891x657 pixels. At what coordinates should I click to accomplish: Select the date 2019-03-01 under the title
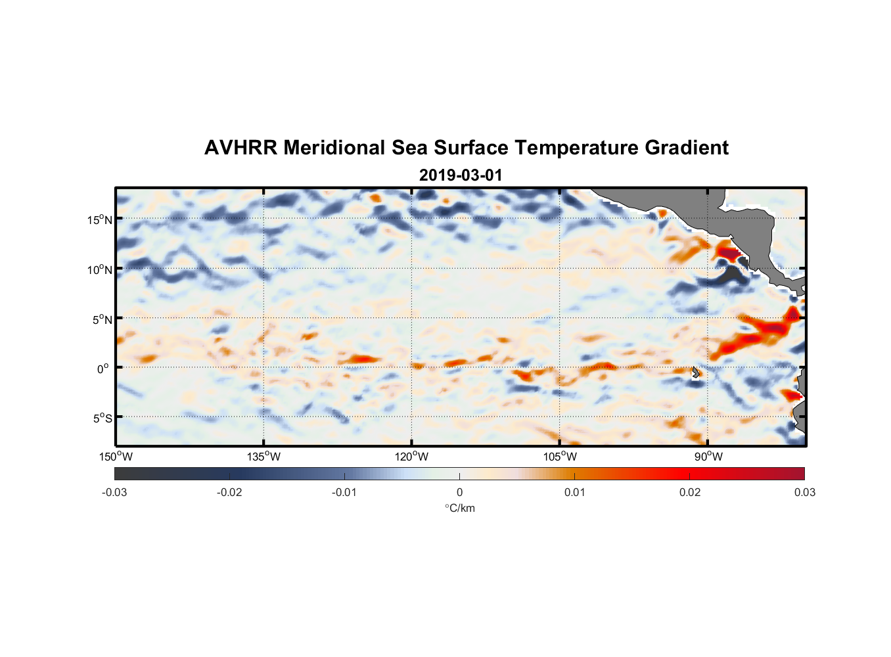point(461,175)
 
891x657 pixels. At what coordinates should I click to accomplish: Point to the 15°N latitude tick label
point(100,219)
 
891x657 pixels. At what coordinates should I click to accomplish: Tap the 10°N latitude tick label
point(100,269)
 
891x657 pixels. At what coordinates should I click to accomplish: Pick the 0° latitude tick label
point(103,369)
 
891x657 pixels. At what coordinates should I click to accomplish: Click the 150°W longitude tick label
point(116,457)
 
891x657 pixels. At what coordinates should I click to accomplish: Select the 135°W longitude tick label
point(263,457)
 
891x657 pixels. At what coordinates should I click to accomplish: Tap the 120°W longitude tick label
point(411,457)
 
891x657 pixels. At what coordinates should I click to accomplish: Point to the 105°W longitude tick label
point(560,457)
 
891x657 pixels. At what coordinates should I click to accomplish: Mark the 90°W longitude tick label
point(708,457)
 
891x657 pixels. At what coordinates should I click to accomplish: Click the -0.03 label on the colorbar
point(114,492)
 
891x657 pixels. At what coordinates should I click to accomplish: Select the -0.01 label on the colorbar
point(344,492)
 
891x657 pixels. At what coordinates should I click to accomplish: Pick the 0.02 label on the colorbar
point(690,492)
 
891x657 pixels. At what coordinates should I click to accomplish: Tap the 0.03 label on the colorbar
point(804,492)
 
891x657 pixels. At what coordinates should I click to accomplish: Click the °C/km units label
point(459,508)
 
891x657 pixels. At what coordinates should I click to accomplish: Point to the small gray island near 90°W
point(696,372)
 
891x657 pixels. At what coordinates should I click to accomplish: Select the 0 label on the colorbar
point(459,492)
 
